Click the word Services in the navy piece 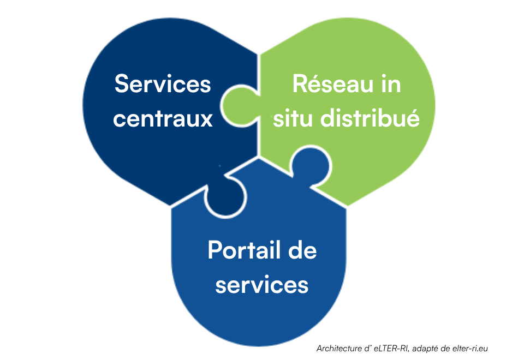163,83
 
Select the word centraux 163,119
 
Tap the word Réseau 332,83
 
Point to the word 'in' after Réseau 391,83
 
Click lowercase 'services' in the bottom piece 262,285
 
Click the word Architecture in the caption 339,349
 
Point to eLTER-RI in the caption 392,349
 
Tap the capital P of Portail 215,250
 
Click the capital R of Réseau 300,83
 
